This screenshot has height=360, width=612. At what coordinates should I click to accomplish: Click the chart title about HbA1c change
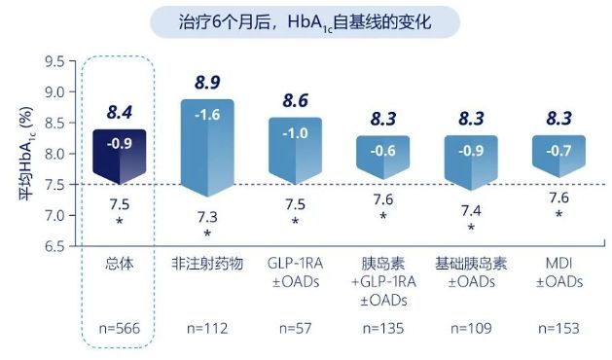click(x=306, y=20)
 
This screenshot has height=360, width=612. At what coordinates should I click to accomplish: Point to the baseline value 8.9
click(x=206, y=82)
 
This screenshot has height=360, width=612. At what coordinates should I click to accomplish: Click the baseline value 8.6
click(x=295, y=101)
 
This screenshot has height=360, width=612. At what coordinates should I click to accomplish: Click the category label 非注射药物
click(x=206, y=265)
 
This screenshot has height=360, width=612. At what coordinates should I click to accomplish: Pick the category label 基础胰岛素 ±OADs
click(x=471, y=273)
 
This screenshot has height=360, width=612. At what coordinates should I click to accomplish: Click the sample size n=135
click(x=383, y=329)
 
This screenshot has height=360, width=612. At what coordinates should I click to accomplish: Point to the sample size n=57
click(x=295, y=329)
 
